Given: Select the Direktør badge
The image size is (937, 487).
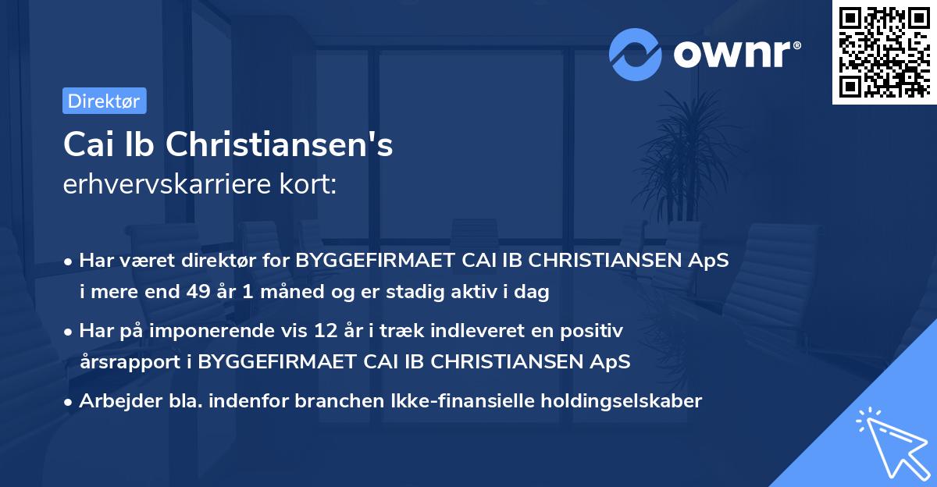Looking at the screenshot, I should (x=104, y=101).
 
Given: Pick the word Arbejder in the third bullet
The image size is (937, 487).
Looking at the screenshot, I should (x=114, y=401).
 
